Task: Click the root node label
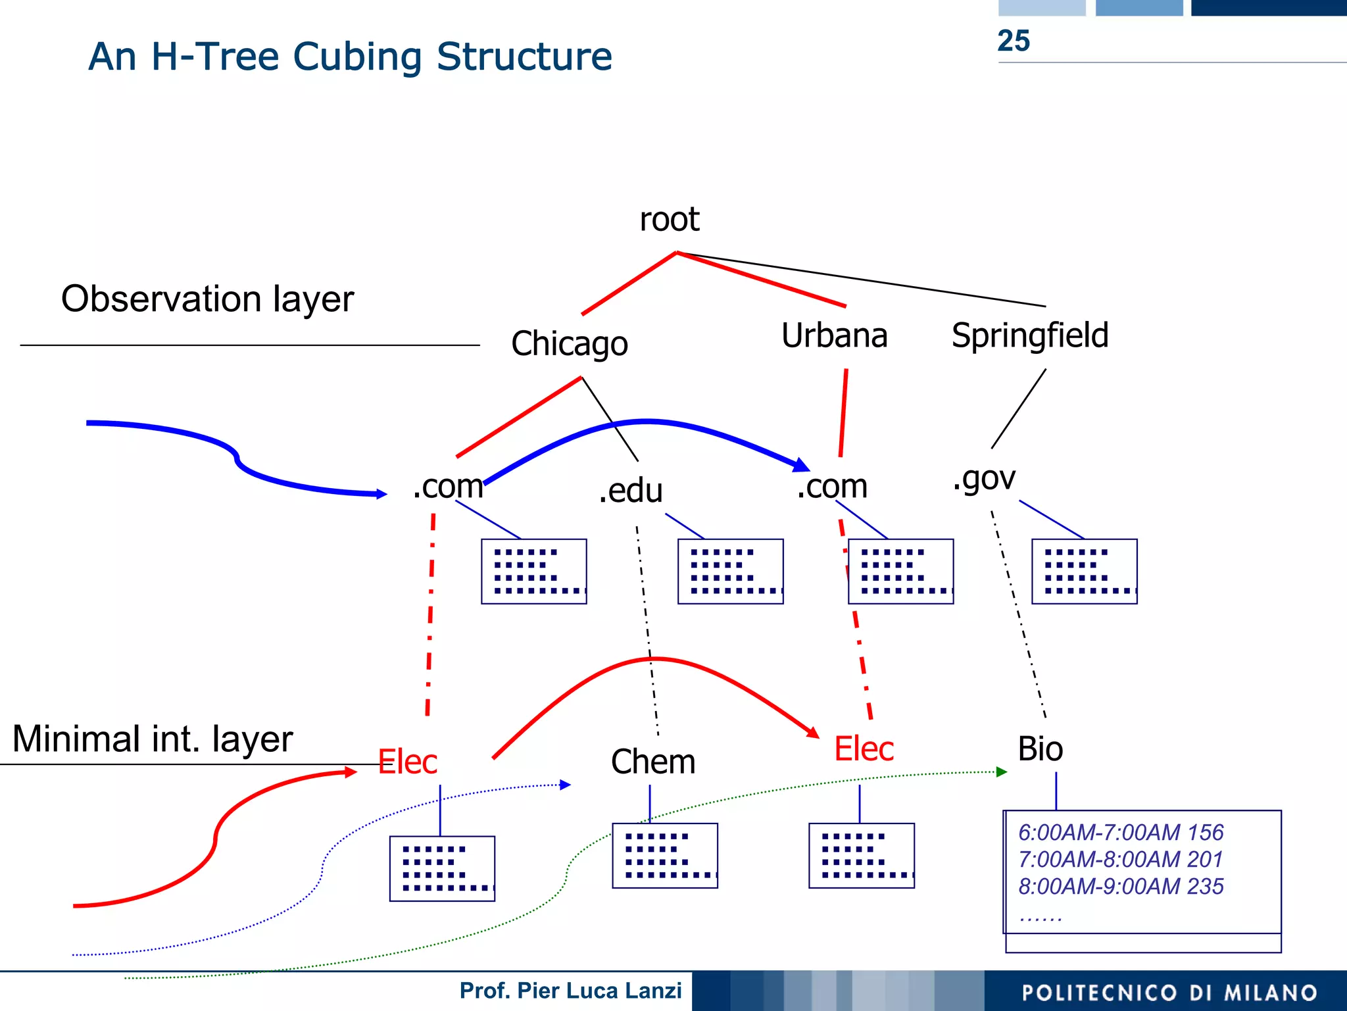tap(669, 219)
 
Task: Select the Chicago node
tap(570, 343)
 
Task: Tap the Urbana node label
tap(834, 335)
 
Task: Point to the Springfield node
tap(1030, 335)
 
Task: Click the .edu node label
tap(630, 491)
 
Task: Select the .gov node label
tap(984, 478)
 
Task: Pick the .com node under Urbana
tap(832, 487)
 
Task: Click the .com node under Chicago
tap(448, 487)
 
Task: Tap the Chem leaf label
tap(653, 762)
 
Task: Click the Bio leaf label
tap(1040, 749)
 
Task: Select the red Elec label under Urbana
tap(864, 749)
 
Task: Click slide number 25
tap(1013, 41)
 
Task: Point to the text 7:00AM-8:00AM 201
tap(1120, 859)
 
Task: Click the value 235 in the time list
tap(1205, 886)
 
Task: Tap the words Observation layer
tap(207, 299)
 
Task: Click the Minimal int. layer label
tap(152, 739)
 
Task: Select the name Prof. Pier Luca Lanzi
tap(570, 991)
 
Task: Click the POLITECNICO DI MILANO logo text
tap(1169, 993)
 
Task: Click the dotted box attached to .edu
tap(730, 572)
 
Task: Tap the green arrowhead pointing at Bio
tap(1002, 772)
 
